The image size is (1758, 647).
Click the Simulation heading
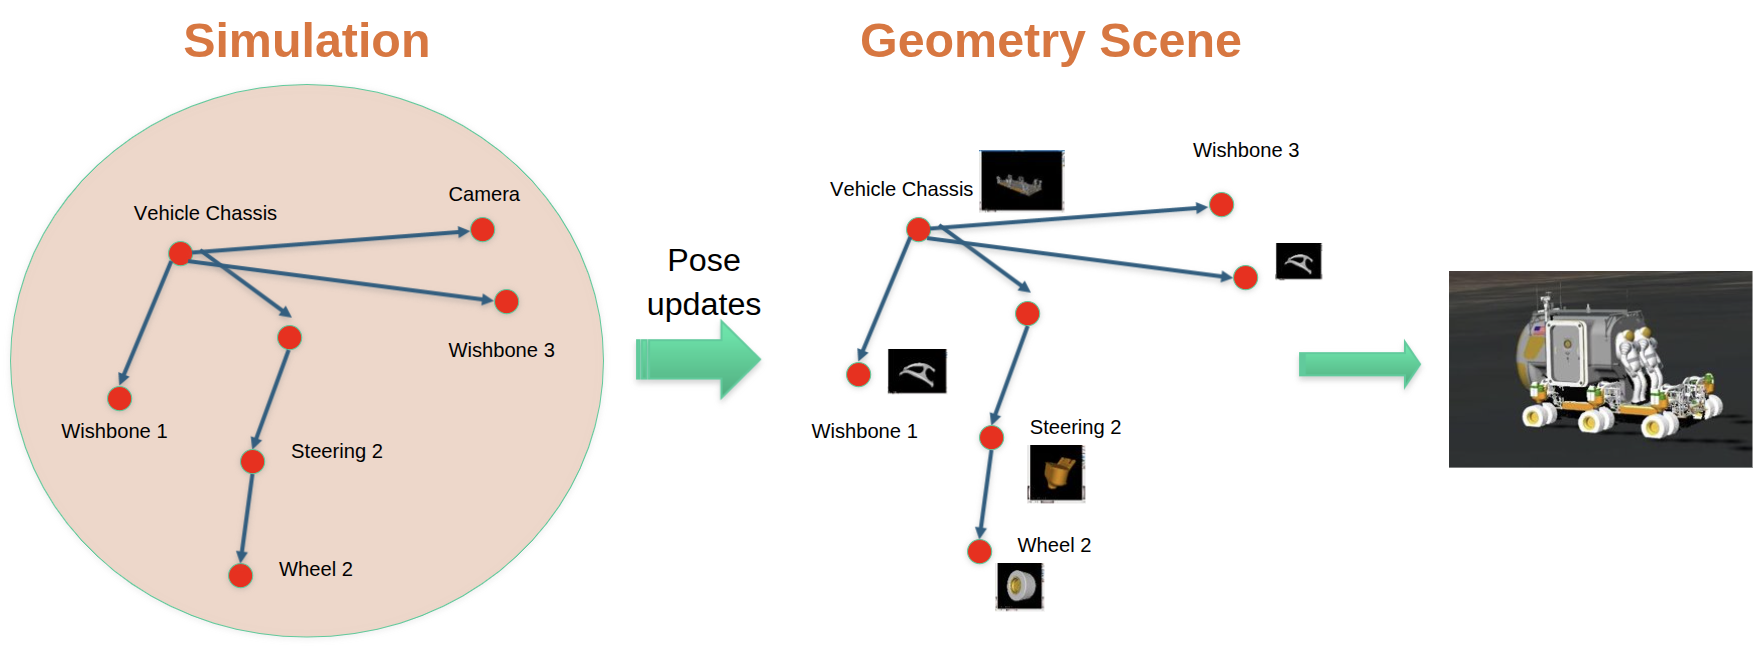tap(306, 41)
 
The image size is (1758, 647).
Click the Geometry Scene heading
tap(1050, 41)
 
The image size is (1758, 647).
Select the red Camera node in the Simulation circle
tap(483, 230)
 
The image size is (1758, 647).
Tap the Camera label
tap(484, 194)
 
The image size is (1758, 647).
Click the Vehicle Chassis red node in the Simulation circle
tap(180, 253)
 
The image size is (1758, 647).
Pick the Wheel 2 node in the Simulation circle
tap(240, 575)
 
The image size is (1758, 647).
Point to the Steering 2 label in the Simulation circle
tap(336, 451)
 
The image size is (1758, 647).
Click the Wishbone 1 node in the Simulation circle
tap(120, 399)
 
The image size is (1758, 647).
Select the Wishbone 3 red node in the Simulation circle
tap(507, 301)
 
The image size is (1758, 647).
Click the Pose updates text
tap(704, 282)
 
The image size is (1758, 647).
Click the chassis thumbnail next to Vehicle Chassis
tap(1021, 181)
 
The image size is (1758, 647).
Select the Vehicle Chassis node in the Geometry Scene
tap(918, 230)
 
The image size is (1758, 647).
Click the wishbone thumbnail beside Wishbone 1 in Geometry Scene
tap(917, 371)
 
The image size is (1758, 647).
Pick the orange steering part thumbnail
tap(1056, 473)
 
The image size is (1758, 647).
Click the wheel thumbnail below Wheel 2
tap(1020, 586)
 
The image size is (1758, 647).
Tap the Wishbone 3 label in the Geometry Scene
tap(1245, 150)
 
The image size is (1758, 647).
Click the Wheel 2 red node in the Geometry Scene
tap(979, 551)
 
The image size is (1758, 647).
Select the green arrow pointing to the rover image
tap(1359, 365)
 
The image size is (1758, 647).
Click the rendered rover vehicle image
tap(1599, 369)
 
